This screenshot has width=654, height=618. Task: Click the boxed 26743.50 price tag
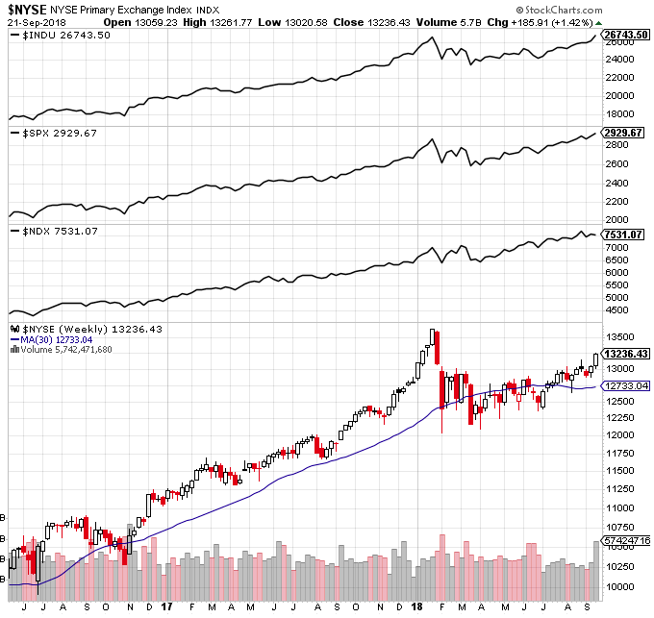[625, 35]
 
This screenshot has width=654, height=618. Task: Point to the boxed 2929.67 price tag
[623, 133]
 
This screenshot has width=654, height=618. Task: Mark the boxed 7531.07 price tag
[623, 235]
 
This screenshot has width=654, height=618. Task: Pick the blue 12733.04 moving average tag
[625, 385]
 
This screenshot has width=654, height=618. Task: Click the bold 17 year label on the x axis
[167, 607]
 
